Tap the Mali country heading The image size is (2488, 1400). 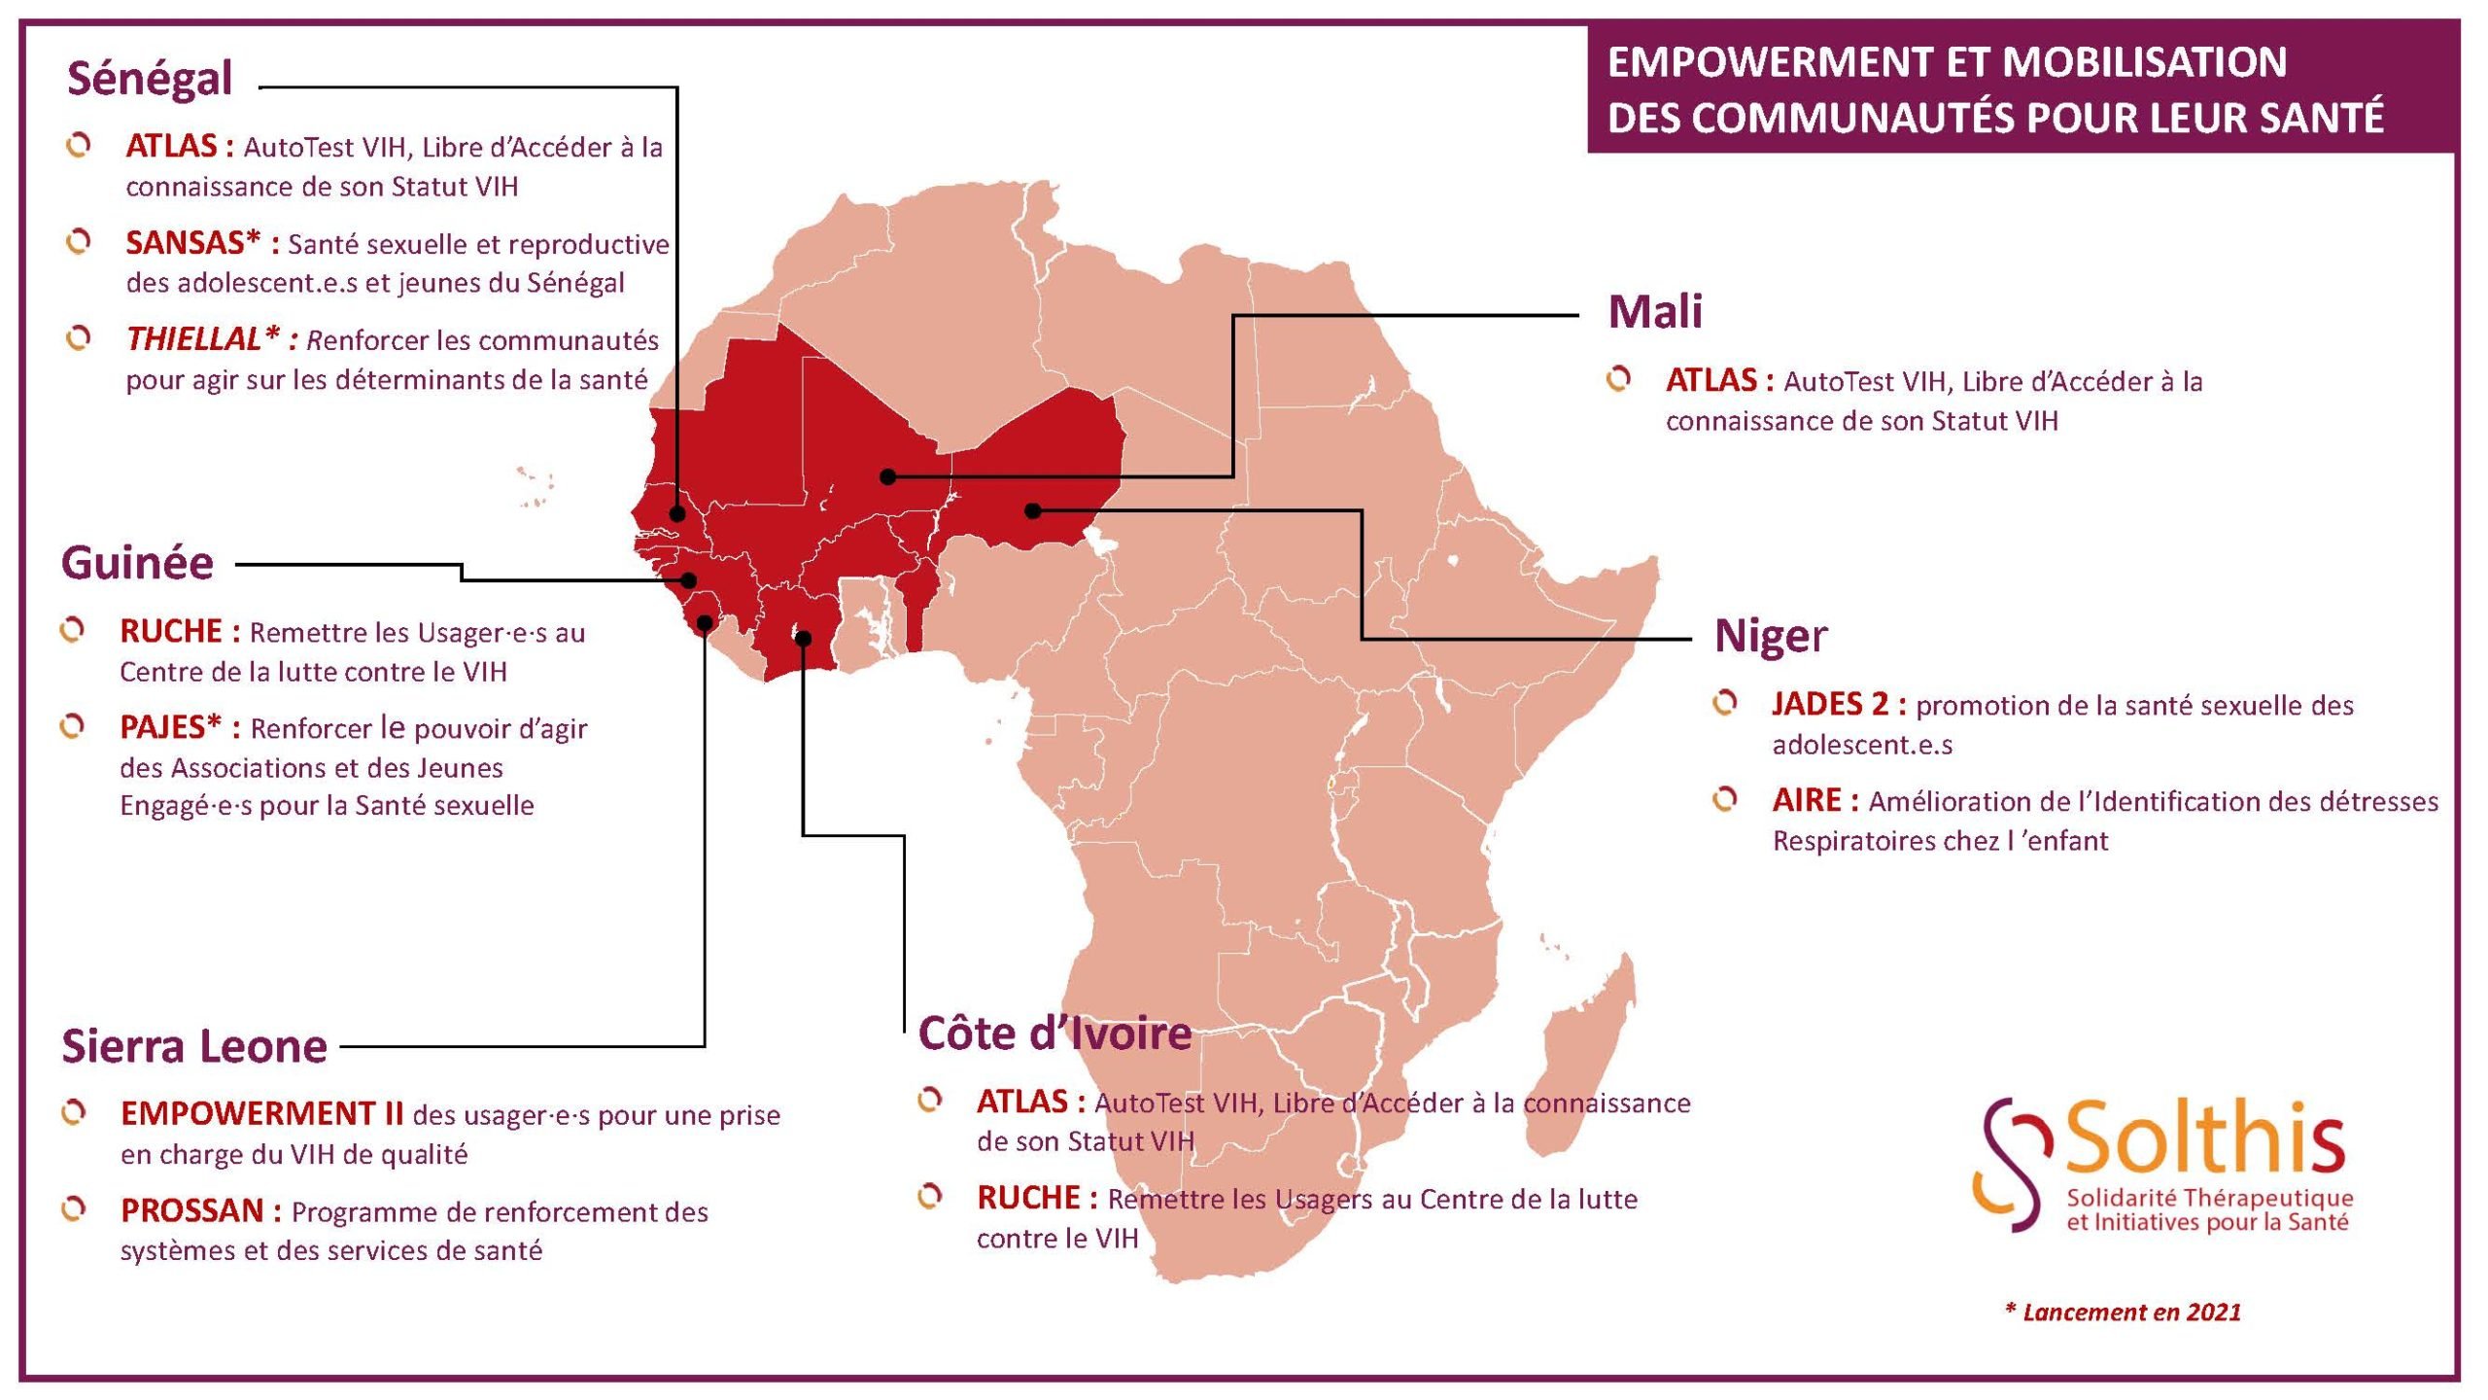coord(1654,312)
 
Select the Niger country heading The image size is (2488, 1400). coord(1770,637)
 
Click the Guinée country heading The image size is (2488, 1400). coord(137,564)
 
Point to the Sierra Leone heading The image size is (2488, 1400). coord(194,1047)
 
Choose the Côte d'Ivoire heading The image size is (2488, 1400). coord(1054,1033)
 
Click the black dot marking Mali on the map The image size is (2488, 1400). coord(887,476)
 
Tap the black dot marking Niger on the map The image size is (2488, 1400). coord(1033,510)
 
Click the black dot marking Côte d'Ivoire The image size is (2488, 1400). coord(803,638)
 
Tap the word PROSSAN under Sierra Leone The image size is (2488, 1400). coord(192,1211)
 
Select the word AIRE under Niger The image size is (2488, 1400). coord(1806,801)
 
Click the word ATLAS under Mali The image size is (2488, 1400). coord(1710,380)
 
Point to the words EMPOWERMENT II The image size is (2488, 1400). coord(261,1114)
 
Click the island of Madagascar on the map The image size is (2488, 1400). coord(1584,1060)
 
